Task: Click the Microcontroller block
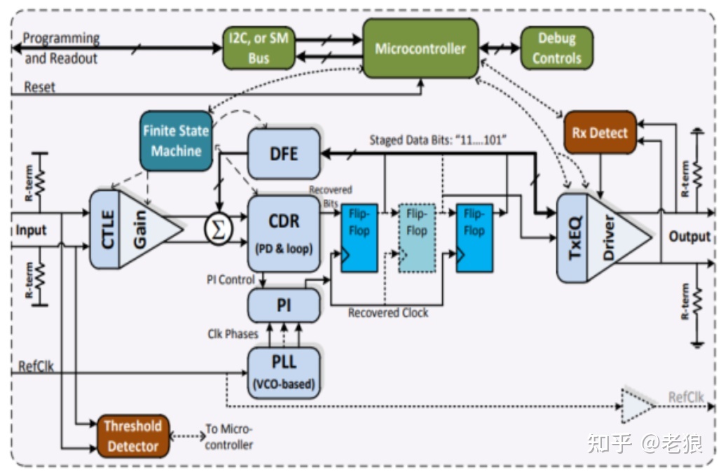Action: coord(420,48)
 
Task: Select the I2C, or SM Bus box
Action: coord(258,48)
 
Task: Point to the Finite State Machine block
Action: coord(176,141)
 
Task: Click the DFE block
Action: coord(284,153)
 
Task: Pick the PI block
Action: coord(284,305)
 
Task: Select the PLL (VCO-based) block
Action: coord(284,372)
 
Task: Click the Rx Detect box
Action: coord(600,132)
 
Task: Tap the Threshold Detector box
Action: coord(132,435)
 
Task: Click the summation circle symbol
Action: coord(218,229)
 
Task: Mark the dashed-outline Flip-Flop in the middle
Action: coord(416,237)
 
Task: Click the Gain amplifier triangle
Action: coord(146,229)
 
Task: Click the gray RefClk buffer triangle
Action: coord(635,405)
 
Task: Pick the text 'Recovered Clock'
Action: coord(387,313)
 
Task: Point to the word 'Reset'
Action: coord(39,88)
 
